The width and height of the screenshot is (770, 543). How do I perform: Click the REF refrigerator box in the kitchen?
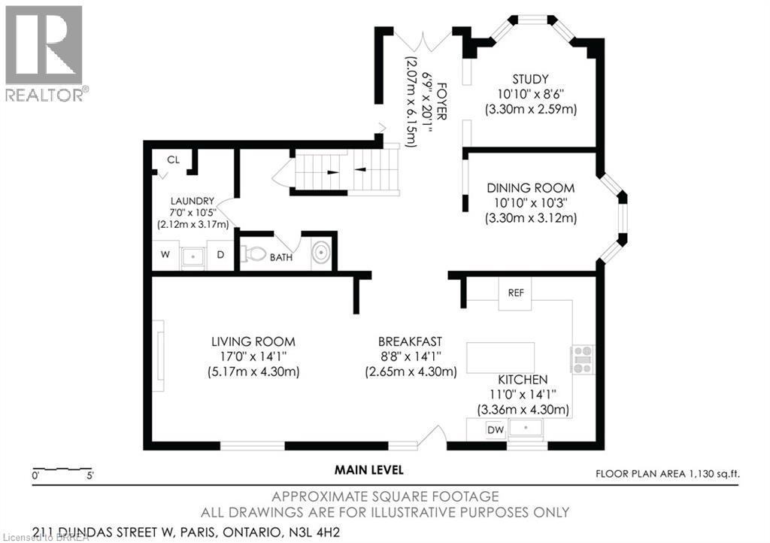pyautogui.click(x=516, y=293)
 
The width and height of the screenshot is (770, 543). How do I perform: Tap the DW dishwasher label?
pyautogui.click(x=496, y=430)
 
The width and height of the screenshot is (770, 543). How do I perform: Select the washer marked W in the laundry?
pyautogui.click(x=165, y=255)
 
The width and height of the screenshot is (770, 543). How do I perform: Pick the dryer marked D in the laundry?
pyautogui.click(x=221, y=255)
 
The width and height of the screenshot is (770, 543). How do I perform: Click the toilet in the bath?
pyautogui.click(x=253, y=254)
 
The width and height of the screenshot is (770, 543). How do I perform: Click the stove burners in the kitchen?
pyautogui.click(x=584, y=359)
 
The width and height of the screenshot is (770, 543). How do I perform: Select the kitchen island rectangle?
pyautogui.click(x=502, y=357)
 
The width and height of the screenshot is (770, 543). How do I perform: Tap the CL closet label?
pyautogui.click(x=173, y=159)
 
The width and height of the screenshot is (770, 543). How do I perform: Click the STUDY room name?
pyautogui.click(x=530, y=79)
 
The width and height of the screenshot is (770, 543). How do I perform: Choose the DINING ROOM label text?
pyautogui.click(x=530, y=188)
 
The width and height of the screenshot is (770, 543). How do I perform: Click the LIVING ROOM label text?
pyautogui.click(x=253, y=341)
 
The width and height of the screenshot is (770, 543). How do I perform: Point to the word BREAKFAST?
pyautogui.click(x=411, y=340)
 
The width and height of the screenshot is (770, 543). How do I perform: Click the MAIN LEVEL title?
pyautogui.click(x=368, y=470)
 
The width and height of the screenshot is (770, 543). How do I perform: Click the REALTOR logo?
pyautogui.click(x=44, y=53)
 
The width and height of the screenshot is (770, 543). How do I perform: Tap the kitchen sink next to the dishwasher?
pyautogui.click(x=528, y=429)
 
